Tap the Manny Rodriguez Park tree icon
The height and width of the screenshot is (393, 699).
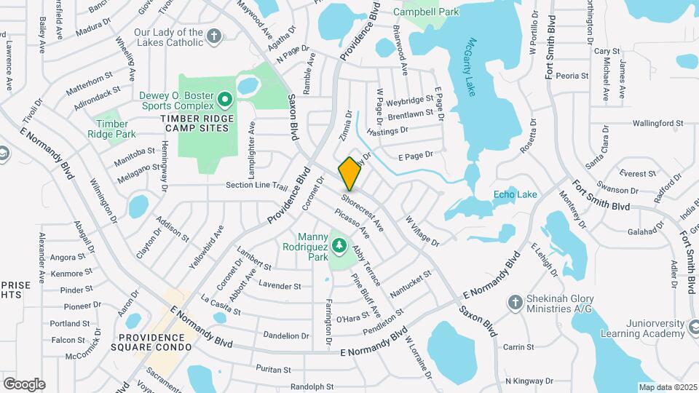[339, 247]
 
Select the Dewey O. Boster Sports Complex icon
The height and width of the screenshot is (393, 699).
[225, 98]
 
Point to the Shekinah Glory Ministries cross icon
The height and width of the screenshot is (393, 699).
[516, 302]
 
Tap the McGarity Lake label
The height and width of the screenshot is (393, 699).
[473, 66]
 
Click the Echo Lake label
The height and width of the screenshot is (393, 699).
[515, 194]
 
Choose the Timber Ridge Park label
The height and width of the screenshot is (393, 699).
[111, 129]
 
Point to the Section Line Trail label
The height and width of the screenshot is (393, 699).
[257, 185]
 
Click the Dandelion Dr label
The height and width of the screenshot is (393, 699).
[285, 336]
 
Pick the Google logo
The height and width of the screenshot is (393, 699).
[24, 384]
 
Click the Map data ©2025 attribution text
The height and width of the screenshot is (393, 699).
[668, 387]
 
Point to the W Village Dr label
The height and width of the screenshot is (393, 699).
[422, 230]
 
